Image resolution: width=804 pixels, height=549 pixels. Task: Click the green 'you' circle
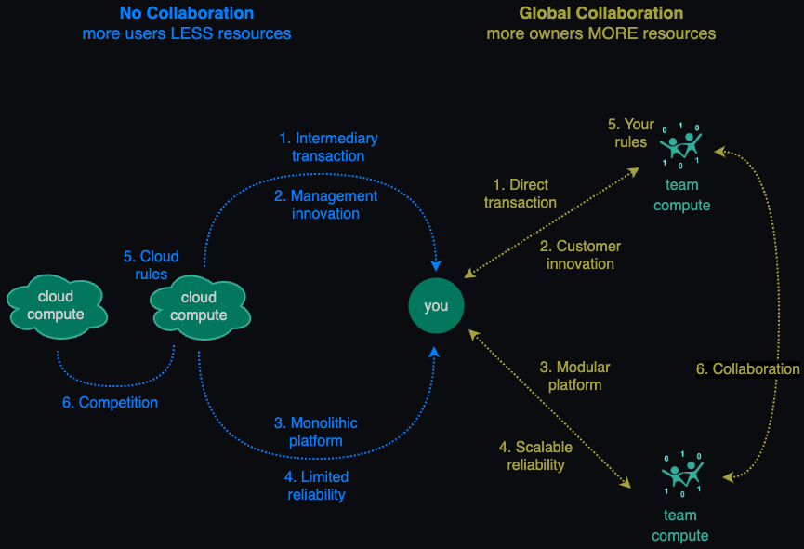point(436,306)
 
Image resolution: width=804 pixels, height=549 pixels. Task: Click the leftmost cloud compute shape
point(57,306)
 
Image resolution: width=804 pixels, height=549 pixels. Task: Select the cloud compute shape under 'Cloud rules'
point(200,307)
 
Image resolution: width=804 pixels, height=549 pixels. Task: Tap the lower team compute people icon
point(682,474)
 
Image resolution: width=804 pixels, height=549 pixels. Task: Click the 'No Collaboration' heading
point(187,13)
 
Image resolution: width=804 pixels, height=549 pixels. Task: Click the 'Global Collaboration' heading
point(601,13)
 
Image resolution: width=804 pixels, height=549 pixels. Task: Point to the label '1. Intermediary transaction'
point(328,147)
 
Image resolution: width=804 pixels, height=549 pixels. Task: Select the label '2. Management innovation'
point(325,204)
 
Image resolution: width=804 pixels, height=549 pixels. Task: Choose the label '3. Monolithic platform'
point(316,432)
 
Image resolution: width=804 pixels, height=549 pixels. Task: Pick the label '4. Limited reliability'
point(316,486)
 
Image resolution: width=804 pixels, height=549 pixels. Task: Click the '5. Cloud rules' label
point(152,265)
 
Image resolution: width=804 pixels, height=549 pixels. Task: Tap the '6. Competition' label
point(110,402)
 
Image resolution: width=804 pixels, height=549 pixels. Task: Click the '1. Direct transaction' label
point(521,194)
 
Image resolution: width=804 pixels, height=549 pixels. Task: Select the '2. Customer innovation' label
point(580,255)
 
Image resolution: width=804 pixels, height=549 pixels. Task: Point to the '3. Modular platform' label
point(574,376)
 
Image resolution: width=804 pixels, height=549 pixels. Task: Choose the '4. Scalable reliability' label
point(535,456)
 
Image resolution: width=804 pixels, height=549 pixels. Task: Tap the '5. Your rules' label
point(631,133)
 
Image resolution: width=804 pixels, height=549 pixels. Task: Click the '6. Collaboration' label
point(747,368)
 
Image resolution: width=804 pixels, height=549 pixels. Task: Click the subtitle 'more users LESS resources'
point(187,33)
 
